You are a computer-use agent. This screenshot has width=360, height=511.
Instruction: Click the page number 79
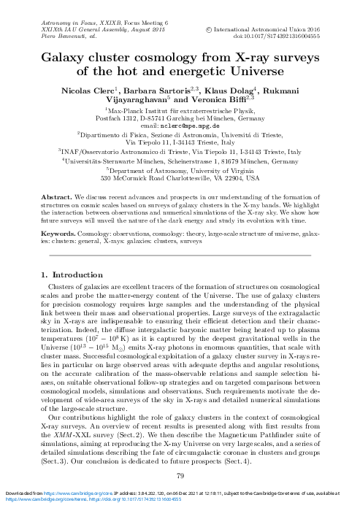[180, 477]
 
